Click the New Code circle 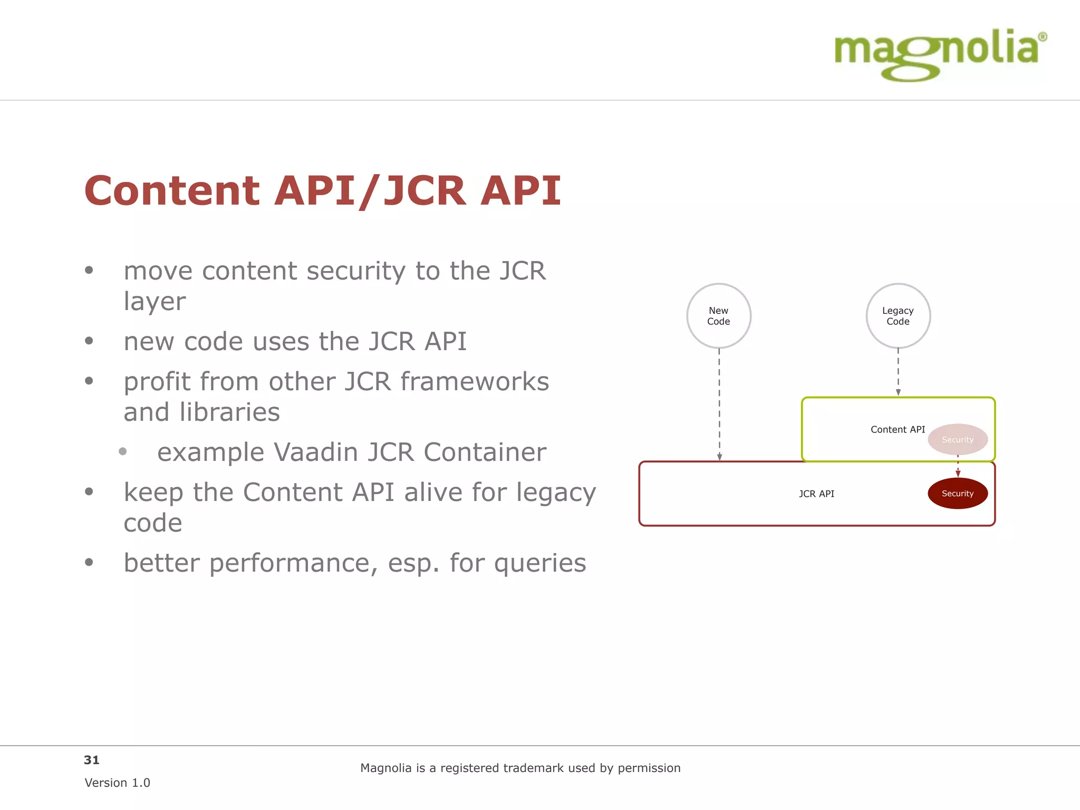pyautogui.click(x=719, y=316)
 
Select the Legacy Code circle pyautogui.click(x=898, y=316)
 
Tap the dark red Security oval pyautogui.click(x=958, y=494)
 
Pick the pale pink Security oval pyautogui.click(x=958, y=439)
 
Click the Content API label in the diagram pyautogui.click(x=898, y=429)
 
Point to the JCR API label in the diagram pyautogui.click(x=816, y=494)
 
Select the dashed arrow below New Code pyautogui.click(x=719, y=404)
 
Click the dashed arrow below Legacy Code pyautogui.click(x=898, y=372)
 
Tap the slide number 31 pyautogui.click(x=92, y=760)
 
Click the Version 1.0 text pyautogui.click(x=117, y=783)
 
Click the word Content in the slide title pyautogui.click(x=171, y=190)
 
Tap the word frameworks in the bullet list pyautogui.click(x=475, y=381)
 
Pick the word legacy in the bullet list pyautogui.click(x=556, y=493)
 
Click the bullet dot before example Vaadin pyautogui.click(x=123, y=451)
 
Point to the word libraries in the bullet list pyautogui.click(x=229, y=412)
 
